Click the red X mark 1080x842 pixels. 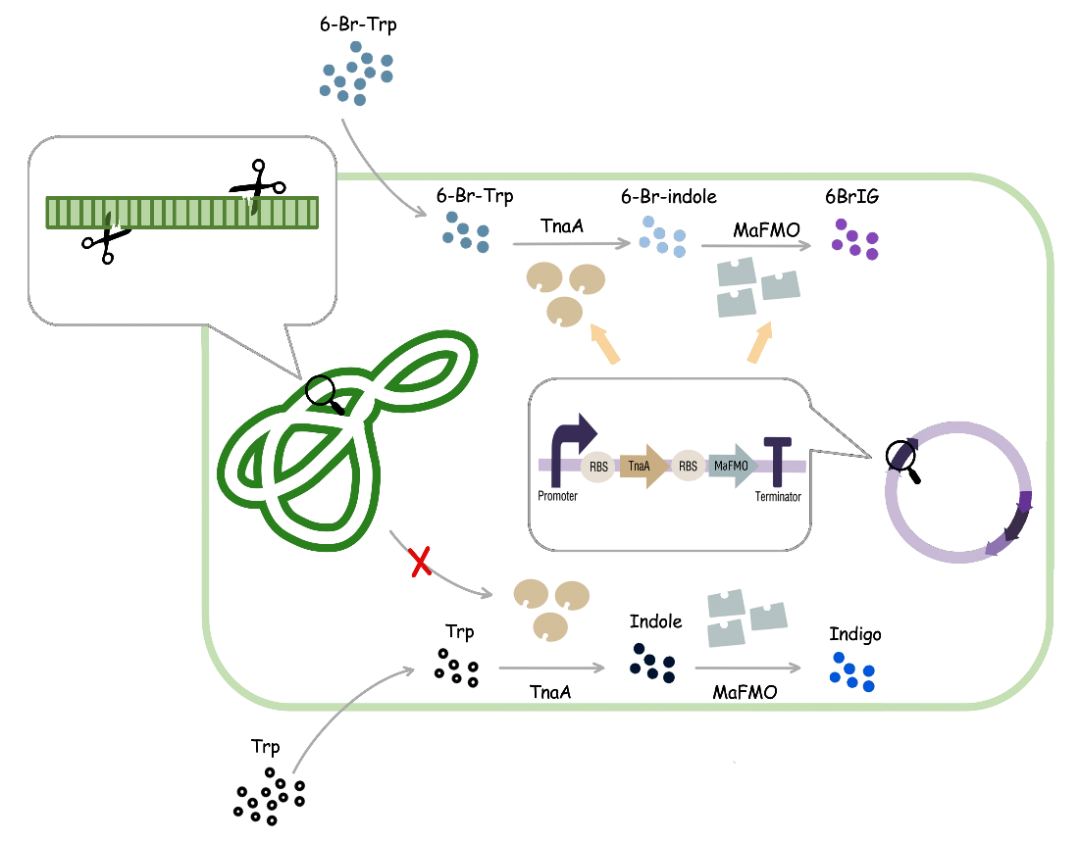(421, 562)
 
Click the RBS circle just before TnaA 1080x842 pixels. (598, 466)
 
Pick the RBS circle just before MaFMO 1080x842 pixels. (688, 466)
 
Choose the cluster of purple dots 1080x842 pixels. (854, 239)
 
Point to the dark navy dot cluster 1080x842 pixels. (652, 662)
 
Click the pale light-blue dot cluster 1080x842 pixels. (663, 236)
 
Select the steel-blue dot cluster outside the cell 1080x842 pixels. (356, 72)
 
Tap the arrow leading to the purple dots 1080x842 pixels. (755, 245)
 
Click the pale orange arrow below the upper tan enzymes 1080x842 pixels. (605, 344)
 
